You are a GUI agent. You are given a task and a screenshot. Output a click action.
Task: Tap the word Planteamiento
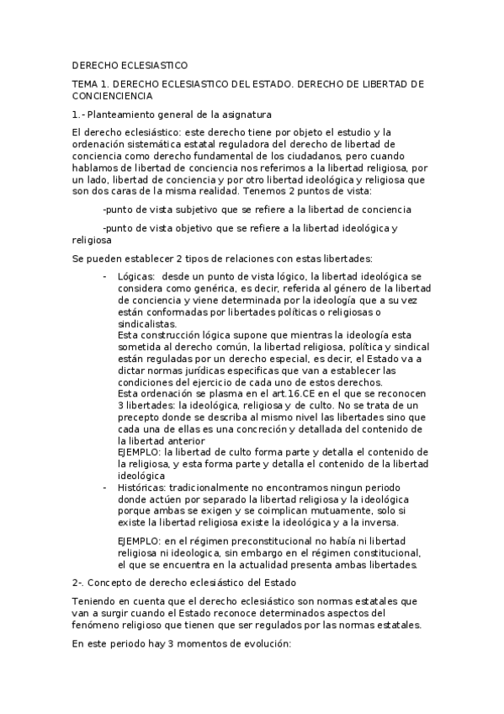coord(126,114)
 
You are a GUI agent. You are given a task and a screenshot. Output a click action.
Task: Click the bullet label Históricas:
coord(141,488)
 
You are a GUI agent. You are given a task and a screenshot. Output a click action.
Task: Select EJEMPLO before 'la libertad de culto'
coord(141,452)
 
